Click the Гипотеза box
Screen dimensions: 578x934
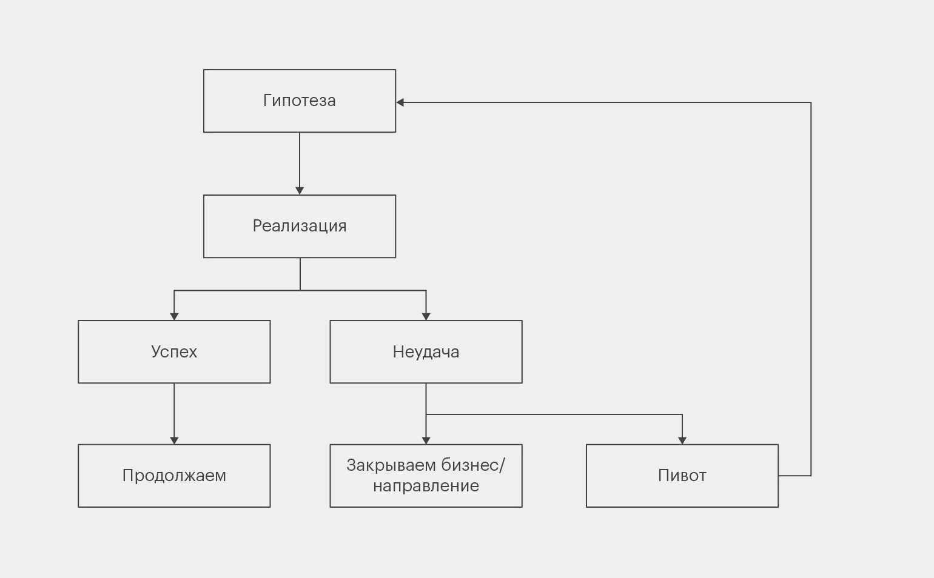tap(300, 101)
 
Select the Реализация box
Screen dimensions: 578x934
tap(300, 226)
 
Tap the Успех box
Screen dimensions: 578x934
tap(174, 351)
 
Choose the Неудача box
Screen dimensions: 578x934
tap(426, 351)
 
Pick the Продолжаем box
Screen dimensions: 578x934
tap(174, 476)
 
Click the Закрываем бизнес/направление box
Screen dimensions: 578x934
tap(426, 476)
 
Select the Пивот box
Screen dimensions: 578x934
tap(682, 476)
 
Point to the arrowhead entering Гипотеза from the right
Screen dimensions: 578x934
tap(400, 102)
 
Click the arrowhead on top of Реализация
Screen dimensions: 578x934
tap(300, 191)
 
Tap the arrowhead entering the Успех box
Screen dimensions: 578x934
tap(174, 316)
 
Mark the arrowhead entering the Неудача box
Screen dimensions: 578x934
tap(426, 316)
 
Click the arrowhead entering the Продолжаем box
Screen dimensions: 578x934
tap(174, 440)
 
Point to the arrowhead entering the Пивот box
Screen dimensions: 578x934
tap(682, 440)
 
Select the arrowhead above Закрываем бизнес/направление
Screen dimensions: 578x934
tap(426, 440)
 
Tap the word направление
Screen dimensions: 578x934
tap(426, 486)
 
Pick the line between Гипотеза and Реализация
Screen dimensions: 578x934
tap(300, 161)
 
